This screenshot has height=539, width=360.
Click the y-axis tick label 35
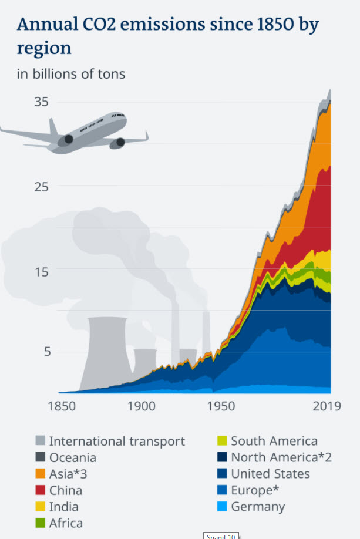pos(41,102)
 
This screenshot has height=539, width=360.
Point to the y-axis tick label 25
pos(41,186)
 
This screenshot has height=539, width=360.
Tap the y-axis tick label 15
pos(41,271)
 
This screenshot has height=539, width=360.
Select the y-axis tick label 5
pos(43,351)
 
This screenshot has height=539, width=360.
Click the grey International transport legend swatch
pos(40,441)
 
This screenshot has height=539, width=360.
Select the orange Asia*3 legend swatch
pos(40,473)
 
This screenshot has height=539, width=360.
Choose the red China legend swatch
pos(40,490)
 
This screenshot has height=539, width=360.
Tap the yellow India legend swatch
pos(40,506)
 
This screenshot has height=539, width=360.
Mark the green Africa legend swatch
pos(40,523)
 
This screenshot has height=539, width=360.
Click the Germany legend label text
pos(258,506)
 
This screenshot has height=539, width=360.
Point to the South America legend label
pos(274,441)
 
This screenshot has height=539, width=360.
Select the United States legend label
pos(270,473)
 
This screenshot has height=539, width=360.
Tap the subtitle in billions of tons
pos(71,74)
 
